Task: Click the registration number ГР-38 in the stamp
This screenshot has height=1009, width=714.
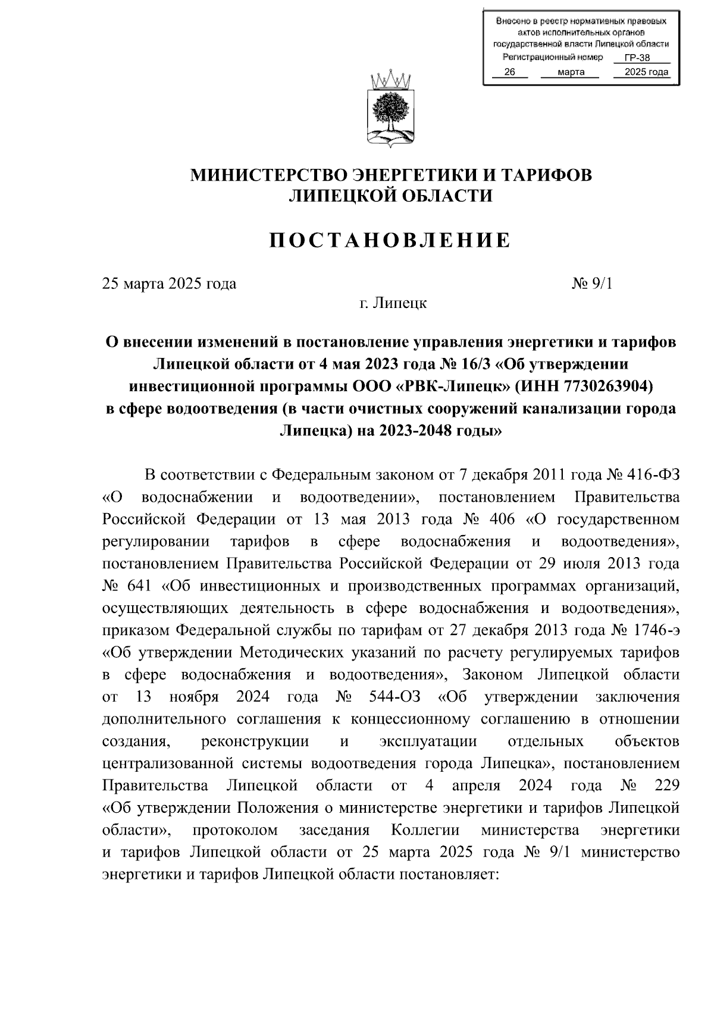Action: (x=638, y=58)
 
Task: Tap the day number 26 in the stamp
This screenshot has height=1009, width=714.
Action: (x=509, y=72)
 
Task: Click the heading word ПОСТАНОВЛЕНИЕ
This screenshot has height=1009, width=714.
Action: (x=390, y=240)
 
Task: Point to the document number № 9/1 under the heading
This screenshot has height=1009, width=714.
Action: (x=591, y=284)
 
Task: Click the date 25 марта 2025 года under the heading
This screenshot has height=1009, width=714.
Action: (x=170, y=284)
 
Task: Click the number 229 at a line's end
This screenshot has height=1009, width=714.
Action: (x=666, y=785)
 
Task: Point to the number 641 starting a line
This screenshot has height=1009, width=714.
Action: (x=140, y=586)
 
